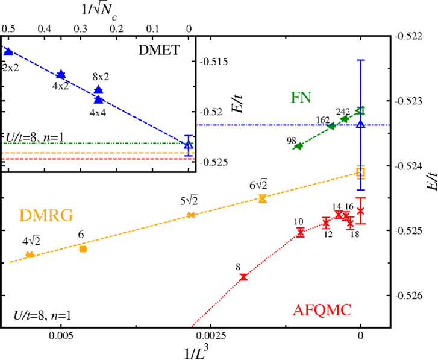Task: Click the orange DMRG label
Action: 46,215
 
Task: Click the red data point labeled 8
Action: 243,277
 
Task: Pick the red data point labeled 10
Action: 300,232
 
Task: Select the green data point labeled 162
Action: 331,126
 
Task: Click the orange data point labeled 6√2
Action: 262,198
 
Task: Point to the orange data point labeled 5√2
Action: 191,215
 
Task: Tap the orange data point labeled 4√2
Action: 30,254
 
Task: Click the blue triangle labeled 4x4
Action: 98,99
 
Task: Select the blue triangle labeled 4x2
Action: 61,75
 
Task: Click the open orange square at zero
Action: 360,172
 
